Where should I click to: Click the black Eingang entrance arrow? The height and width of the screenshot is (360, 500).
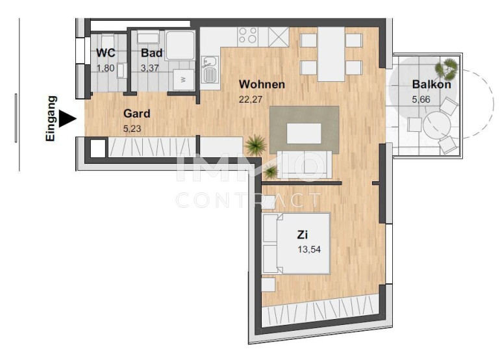(x=67, y=119)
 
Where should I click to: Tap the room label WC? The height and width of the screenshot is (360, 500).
(x=106, y=53)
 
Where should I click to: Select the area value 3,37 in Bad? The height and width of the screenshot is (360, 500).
(x=149, y=68)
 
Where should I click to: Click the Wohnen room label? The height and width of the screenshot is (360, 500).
(x=262, y=84)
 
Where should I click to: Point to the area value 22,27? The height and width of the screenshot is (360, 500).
(x=251, y=99)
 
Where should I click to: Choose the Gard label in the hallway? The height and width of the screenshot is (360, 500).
(x=136, y=113)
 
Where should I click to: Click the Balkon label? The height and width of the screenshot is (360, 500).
(x=431, y=84)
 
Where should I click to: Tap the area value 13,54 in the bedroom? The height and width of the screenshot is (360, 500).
(x=309, y=250)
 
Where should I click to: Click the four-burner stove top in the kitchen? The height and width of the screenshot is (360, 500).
(x=248, y=36)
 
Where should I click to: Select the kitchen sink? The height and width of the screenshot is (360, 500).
(x=210, y=70)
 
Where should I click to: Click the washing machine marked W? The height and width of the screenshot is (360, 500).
(x=183, y=80)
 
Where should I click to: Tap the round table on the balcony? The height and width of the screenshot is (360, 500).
(x=436, y=125)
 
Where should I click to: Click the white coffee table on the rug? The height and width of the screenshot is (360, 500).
(x=304, y=133)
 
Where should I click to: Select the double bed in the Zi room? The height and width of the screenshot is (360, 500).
(x=296, y=244)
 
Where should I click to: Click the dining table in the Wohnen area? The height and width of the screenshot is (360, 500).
(x=331, y=54)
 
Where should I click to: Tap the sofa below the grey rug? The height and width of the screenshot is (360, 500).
(x=304, y=164)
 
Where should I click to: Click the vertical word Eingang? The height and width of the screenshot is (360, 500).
(x=51, y=118)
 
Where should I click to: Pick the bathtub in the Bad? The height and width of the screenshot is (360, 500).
(x=180, y=45)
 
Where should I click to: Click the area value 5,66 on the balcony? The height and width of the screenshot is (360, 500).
(x=421, y=99)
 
